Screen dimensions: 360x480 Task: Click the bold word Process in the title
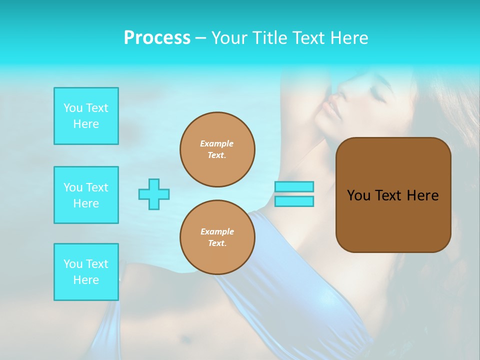pos(157,38)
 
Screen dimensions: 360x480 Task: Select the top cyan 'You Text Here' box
pos(86,116)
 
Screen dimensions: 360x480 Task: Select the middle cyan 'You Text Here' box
pos(86,195)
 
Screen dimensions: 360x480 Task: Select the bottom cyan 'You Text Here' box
pos(86,272)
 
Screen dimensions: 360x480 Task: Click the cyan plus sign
pos(154,194)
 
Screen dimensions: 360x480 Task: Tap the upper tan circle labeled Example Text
pos(217,149)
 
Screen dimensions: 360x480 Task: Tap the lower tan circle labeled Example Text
pos(217,237)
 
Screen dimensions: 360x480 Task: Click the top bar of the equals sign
pos(294,186)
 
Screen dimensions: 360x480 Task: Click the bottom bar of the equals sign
pos(294,201)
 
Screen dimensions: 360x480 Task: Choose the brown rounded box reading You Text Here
pos(393,194)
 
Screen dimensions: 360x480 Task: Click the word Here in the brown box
pos(422,195)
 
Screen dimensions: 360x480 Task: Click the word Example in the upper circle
pos(217,143)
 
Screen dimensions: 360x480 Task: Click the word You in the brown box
pos(358,195)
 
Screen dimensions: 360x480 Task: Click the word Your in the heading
pos(229,38)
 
